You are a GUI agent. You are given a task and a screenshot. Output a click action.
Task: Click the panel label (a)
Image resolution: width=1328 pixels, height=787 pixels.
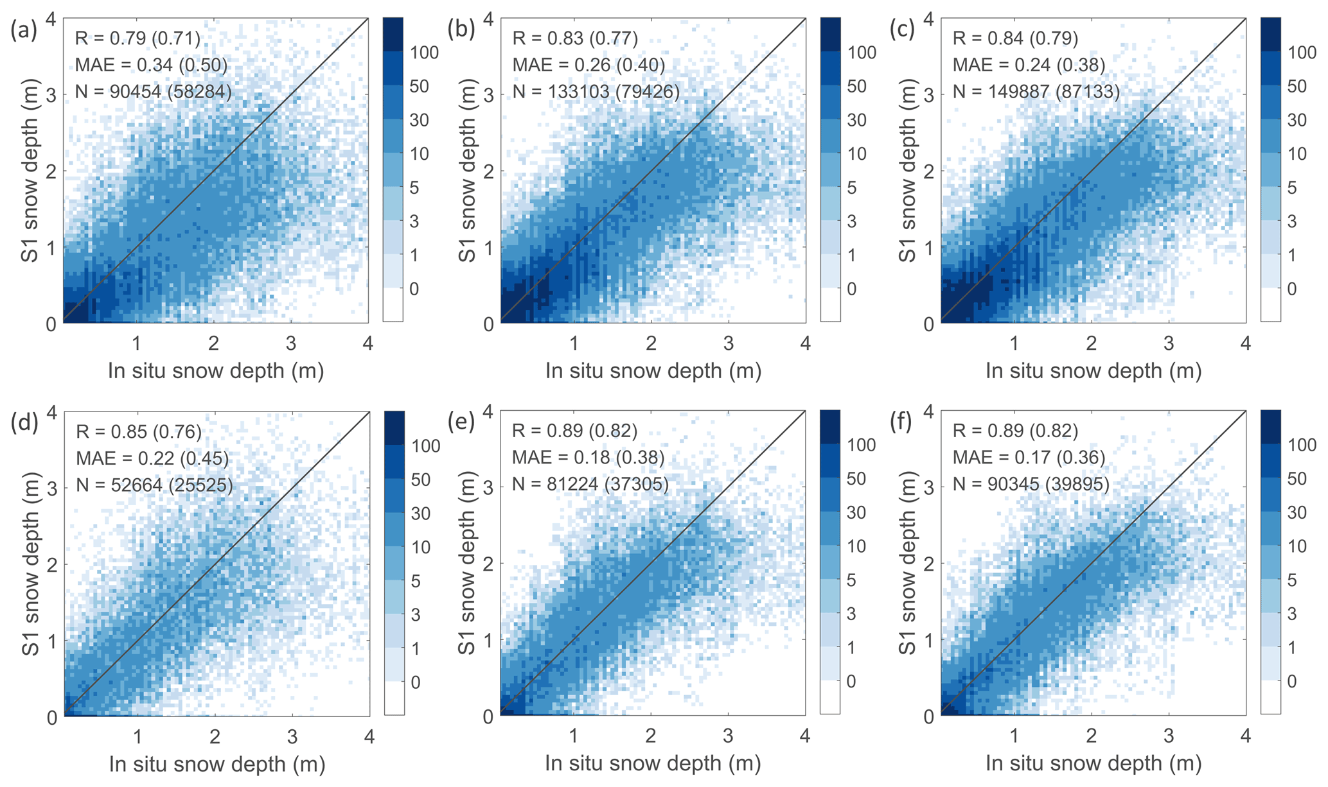coord(24,31)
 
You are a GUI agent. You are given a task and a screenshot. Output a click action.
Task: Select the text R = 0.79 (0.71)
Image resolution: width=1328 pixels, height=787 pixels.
coord(137,39)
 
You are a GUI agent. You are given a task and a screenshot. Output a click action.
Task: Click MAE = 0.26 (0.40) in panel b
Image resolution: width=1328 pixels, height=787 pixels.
coord(588,65)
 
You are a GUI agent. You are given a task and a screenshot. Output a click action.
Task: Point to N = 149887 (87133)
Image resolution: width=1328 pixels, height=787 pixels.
coord(1036,91)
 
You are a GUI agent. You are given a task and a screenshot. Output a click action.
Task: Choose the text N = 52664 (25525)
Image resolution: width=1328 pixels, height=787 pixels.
coord(154,485)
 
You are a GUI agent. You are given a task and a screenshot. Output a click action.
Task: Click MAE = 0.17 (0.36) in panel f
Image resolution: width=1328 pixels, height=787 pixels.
coord(1029,458)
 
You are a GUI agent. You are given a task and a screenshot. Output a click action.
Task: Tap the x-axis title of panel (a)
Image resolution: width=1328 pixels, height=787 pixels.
coord(215,371)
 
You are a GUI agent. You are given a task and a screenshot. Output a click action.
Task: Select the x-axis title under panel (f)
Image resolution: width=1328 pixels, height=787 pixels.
coord(1093,763)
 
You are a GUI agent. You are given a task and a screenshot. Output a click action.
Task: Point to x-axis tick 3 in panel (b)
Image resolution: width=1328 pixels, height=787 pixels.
coord(728,343)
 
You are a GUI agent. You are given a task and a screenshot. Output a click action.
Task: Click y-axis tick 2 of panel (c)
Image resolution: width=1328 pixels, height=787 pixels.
coord(928,171)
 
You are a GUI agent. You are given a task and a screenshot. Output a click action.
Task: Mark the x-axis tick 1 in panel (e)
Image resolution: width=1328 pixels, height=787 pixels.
coord(573,736)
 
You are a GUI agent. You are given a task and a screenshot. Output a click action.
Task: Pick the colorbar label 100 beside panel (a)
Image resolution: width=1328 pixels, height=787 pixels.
coord(425,53)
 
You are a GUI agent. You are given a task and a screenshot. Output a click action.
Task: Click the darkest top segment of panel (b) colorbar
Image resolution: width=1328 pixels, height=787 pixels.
coord(830,31)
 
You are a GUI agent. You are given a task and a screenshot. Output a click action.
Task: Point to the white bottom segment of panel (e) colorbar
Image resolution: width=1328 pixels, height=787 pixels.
coord(830,697)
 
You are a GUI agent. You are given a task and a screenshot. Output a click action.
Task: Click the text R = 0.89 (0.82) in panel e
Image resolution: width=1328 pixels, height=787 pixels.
coord(574,431)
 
